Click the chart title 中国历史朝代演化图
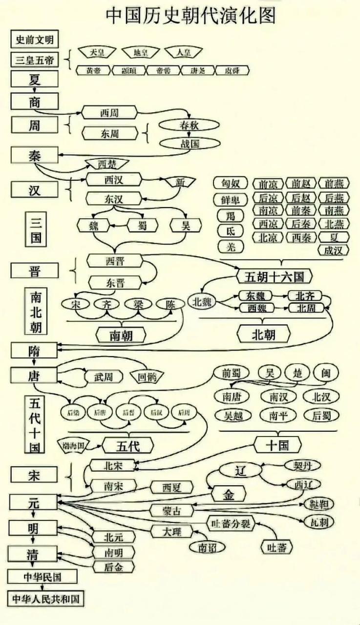191,16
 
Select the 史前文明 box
34,39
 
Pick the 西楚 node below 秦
107,164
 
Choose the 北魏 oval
202,301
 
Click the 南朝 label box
121,335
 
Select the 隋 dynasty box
34,350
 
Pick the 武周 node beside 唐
103,376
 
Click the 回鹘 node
147,376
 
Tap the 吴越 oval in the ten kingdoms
233,416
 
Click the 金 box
229,495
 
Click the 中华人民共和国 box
45,599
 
